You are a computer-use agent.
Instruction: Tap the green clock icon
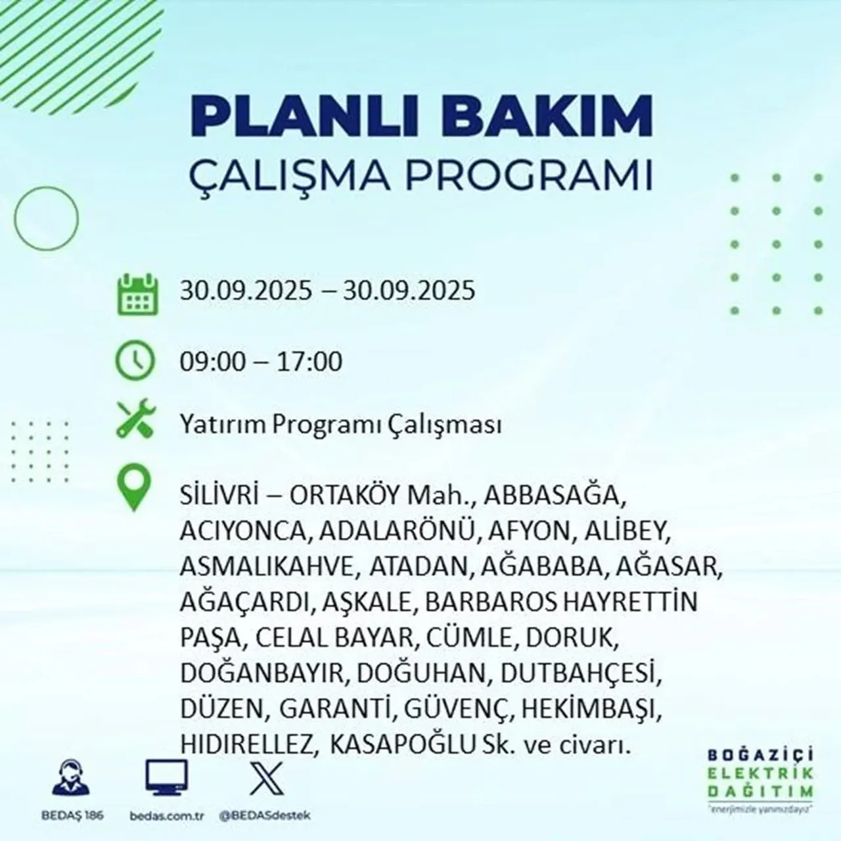tap(136, 361)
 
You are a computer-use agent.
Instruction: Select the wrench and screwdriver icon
tap(135, 420)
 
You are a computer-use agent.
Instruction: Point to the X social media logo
tap(266, 778)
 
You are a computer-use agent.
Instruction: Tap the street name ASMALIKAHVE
tap(269, 566)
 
